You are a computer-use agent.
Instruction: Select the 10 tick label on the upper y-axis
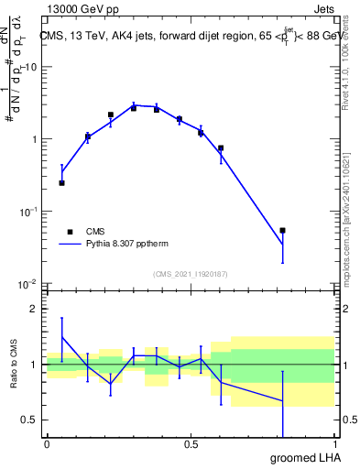pyautogui.click(x=31, y=68)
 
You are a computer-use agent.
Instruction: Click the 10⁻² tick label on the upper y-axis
pyautogui.click(x=29, y=283)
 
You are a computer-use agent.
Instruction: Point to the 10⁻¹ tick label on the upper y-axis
pyautogui.click(x=29, y=212)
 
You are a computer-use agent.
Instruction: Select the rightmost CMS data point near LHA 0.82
pyautogui.click(x=283, y=231)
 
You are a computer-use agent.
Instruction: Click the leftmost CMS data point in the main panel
pyautogui.click(x=61, y=183)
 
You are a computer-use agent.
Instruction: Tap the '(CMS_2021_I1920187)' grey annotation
pyautogui.click(x=191, y=274)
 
